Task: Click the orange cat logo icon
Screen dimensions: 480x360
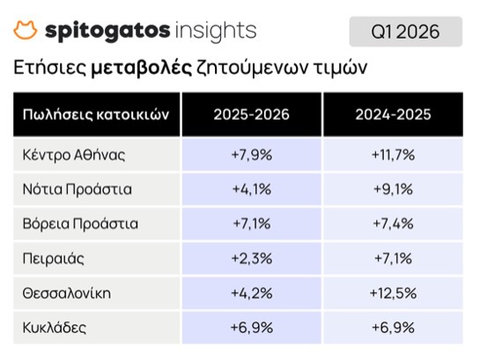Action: coord(26,30)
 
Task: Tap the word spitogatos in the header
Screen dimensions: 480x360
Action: coord(107,31)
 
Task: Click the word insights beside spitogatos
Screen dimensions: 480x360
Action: coord(216,31)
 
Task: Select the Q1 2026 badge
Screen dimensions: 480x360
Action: coord(406,32)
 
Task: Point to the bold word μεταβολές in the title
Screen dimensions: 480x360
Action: coord(141,68)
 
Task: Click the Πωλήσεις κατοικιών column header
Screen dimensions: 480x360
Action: coord(96,114)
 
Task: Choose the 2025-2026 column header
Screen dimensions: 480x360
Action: coord(251,114)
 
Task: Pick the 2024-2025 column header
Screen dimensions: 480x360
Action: coord(393,114)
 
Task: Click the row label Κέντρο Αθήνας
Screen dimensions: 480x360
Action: coord(74,154)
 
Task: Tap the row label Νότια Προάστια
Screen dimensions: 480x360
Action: coord(78,189)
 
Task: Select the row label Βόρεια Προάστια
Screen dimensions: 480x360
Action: coord(80,224)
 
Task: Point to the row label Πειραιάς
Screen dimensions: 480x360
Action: coord(53,259)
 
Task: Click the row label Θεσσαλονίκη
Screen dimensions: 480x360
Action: coord(67,293)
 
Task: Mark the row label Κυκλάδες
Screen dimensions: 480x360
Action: coord(55,327)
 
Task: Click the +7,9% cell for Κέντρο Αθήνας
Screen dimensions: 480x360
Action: coord(252,154)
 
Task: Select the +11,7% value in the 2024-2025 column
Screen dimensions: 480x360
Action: coord(393,154)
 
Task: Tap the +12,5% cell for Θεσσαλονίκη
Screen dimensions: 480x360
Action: coord(393,293)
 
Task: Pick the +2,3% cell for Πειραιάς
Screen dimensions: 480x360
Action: coord(252,259)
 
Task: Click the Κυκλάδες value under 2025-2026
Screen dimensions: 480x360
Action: coord(252,327)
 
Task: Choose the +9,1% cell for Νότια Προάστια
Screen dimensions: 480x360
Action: coord(393,189)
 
